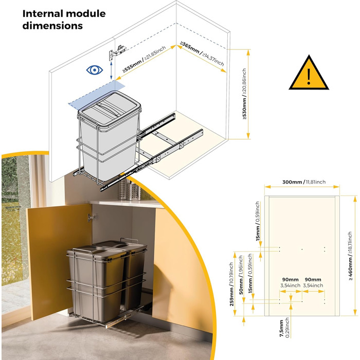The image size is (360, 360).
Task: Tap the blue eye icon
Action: point(94,70)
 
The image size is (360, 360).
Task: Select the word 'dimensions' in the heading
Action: point(52,26)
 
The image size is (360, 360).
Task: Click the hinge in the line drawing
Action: point(117,52)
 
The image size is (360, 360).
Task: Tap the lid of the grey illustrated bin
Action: point(109,108)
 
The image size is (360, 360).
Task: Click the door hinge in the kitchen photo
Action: point(93,217)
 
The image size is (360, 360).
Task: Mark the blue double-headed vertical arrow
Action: point(111,70)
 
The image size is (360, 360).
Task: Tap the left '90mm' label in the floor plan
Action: point(290,280)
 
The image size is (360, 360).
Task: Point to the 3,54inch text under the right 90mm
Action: point(313,285)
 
